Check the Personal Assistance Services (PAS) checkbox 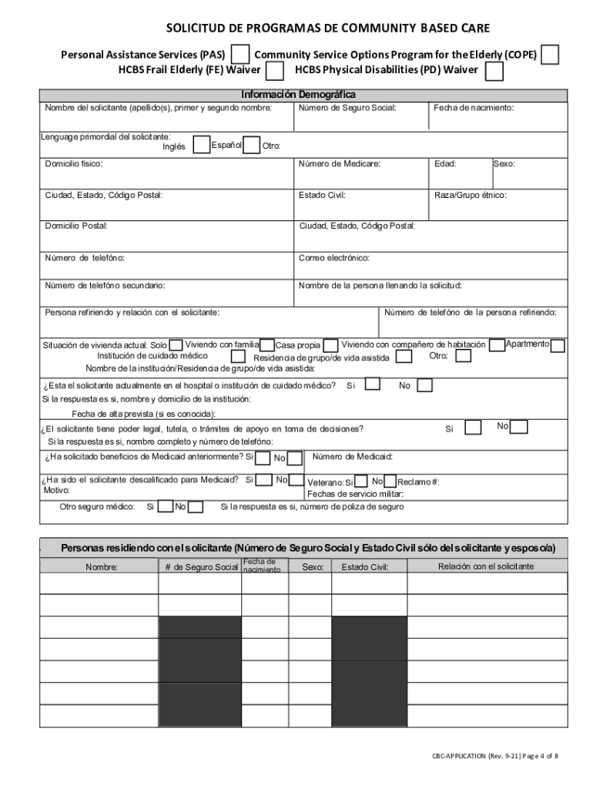point(241,54)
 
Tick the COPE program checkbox point(550,55)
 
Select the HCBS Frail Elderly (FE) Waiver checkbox point(274,72)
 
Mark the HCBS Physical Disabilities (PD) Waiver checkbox point(494,72)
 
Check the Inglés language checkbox point(201,145)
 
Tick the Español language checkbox point(251,145)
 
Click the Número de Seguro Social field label point(347,108)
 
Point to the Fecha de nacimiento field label point(474,108)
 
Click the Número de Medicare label point(340,164)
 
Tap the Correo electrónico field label point(334,257)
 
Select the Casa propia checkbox point(330,345)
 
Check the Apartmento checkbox point(558,345)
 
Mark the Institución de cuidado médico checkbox point(238,357)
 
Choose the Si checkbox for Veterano point(360,482)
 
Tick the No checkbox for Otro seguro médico point(196,506)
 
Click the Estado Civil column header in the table point(364,567)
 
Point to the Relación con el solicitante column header point(485,566)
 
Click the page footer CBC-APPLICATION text point(494,756)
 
